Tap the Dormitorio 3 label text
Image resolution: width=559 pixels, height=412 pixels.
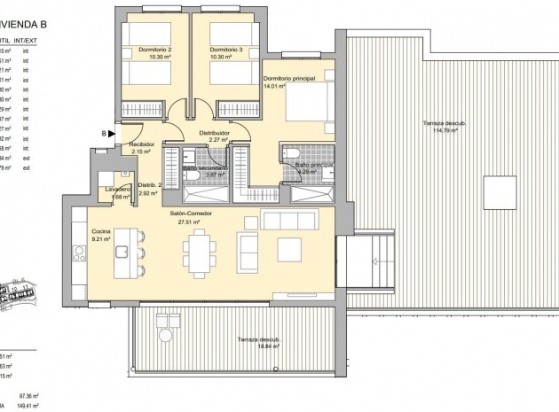[x=226, y=50]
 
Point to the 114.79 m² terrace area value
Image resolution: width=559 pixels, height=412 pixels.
[x=444, y=131]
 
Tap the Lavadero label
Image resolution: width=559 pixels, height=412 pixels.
[x=118, y=189]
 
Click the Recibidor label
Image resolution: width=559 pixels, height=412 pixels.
[x=142, y=144]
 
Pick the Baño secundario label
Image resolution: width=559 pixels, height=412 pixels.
[x=206, y=167]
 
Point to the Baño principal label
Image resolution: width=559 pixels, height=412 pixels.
[x=314, y=165]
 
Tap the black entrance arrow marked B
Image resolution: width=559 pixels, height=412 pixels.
[x=113, y=134]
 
